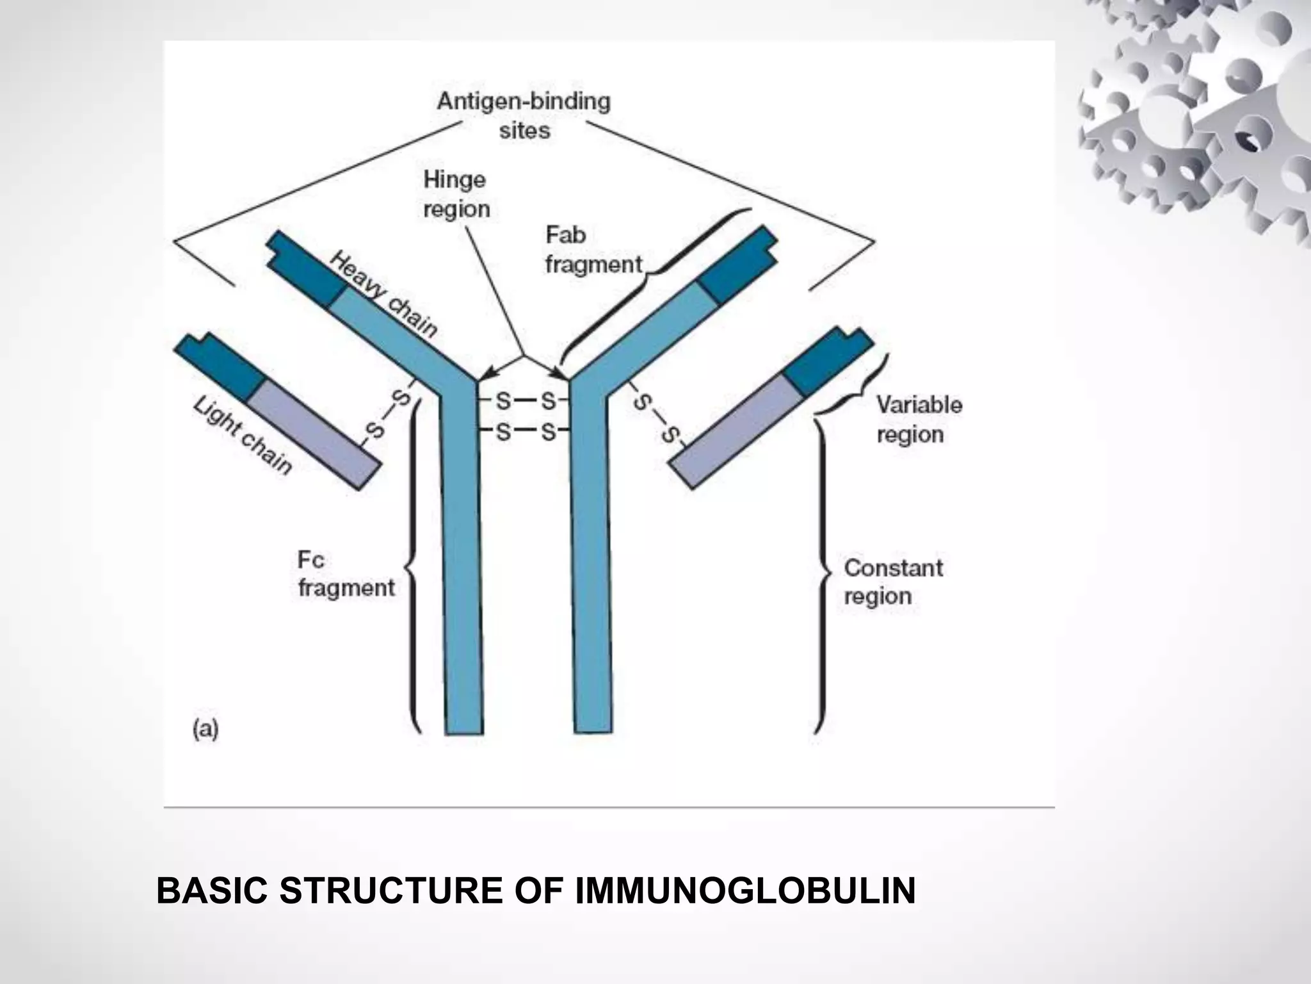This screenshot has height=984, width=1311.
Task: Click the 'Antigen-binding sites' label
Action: coord(524,116)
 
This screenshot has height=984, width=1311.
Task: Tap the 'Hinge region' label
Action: coord(456,194)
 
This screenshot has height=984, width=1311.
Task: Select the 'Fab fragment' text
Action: coord(592,250)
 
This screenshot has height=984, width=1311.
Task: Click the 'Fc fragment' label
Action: coord(345,574)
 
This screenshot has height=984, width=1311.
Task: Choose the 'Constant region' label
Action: coord(893,582)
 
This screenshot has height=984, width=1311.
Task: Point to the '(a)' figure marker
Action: coord(205,730)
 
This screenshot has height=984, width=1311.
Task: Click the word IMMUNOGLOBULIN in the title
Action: coord(745,891)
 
